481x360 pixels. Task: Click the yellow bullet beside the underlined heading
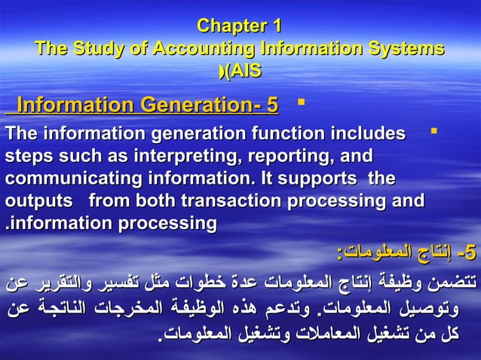point(301,99)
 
